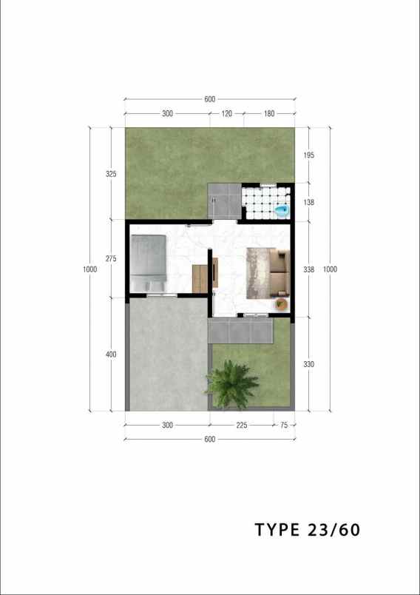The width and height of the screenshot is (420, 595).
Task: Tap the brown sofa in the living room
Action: [278, 271]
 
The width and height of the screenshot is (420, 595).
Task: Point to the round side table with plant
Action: [282, 303]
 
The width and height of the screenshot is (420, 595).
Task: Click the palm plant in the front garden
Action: [232, 383]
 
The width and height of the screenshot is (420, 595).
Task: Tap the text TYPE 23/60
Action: [308, 530]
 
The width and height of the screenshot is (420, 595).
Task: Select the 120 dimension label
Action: [226, 114]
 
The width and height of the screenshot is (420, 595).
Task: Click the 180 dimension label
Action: [268, 114]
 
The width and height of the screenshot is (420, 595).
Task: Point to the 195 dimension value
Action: [309, 155]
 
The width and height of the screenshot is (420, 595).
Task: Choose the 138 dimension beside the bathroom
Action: [309, 202]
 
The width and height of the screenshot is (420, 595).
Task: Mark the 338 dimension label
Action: [309, 269]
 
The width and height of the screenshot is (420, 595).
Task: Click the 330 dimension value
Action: [309, 364]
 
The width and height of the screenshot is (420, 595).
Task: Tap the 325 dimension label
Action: [111, 174]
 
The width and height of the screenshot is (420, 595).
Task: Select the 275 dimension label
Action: [111, 258]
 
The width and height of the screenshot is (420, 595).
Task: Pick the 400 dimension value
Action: [111, 354]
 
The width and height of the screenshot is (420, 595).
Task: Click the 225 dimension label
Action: [241, 426]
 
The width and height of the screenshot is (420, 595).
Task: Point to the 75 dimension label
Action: [283, 426]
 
